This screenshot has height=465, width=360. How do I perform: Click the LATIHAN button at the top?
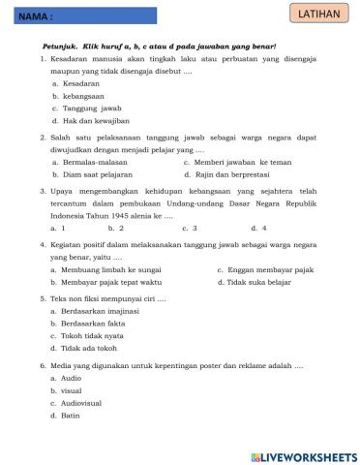tap(320, 14)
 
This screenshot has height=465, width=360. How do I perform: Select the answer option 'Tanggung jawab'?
tap(91, 108)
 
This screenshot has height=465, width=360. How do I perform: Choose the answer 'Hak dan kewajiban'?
tap(96, 121)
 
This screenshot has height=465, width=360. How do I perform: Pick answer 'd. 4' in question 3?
tap(258, 229)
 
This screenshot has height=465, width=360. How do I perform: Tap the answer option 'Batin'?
tap(71, 415)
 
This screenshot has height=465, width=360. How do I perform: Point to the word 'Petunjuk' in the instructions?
tap(61, 46)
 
